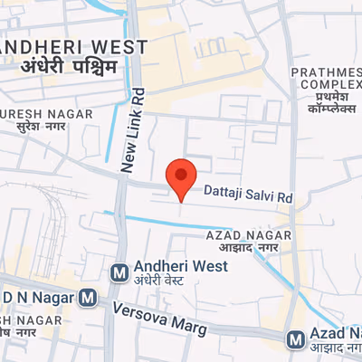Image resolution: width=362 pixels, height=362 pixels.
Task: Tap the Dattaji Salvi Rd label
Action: point(248,194)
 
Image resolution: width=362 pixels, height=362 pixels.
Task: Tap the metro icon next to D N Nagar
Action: point(88,296)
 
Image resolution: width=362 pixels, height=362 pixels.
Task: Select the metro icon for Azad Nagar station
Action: point(295,339)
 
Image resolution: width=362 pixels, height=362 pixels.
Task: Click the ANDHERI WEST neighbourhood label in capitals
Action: point(74,46)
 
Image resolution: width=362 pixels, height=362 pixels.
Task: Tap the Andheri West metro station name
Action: point(180,266)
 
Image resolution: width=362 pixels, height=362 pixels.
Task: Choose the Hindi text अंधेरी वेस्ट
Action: point(158,280)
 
